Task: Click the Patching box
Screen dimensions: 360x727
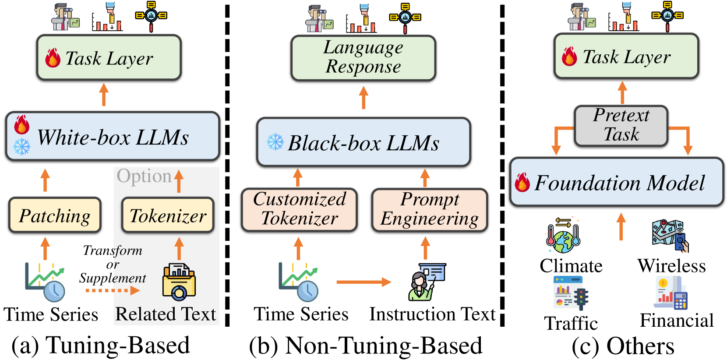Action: coord(55,215)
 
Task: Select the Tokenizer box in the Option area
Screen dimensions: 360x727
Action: coord(168,215)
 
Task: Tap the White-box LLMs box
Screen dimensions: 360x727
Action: coord(113,137)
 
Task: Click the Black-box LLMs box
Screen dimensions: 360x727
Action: coord(363,142)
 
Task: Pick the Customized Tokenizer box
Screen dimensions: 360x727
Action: coord(300,209)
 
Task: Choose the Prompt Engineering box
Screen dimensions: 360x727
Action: coord(429,209)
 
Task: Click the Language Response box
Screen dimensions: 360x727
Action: coord(363,57)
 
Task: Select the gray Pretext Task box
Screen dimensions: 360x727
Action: coord(621,125)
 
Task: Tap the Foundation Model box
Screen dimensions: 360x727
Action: coord(617,182)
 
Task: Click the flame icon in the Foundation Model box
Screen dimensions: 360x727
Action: coord(522,182)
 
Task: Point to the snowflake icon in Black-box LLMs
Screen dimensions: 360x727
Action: coord(275,142)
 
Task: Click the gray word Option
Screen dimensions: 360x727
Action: coord(144,176)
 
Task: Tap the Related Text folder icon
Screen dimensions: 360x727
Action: coord(179,282)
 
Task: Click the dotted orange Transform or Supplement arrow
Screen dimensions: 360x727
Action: coord(113,290)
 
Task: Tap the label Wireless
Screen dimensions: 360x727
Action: coord(671,266)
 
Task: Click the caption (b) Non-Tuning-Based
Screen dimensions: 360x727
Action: coord(366,346)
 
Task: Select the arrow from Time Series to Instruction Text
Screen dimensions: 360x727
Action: coord(363,282)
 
